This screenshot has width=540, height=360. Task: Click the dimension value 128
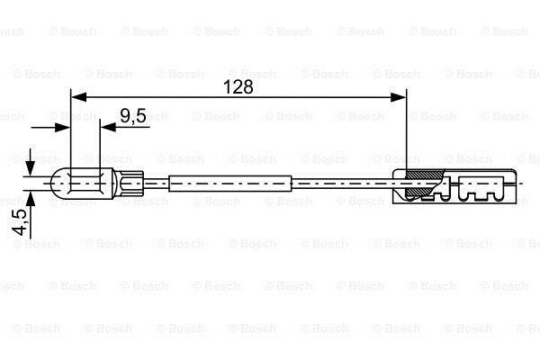[238, 86]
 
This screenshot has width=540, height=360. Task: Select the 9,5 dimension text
[133, 116]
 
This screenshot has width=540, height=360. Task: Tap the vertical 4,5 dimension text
[19, 222]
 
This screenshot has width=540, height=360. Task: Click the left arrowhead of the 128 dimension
[79, 97]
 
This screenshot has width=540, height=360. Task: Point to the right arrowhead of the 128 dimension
[399, 97]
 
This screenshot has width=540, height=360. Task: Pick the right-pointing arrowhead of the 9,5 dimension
[62, 128]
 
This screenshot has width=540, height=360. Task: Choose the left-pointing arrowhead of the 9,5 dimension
[108, 128]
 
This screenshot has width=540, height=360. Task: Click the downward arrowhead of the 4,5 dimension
[31, 169]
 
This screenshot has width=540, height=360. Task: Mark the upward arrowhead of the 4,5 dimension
[31, 198]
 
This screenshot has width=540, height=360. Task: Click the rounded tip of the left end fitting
[56, 184]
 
